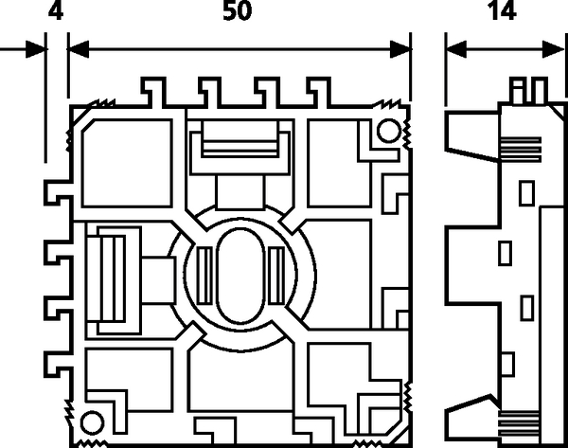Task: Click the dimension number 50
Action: pos(238,10)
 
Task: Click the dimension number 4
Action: pos(56,10)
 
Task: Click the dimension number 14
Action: pos(502,10)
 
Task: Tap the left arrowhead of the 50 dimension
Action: pos(79,49)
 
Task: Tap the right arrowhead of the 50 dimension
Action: pos(400,49)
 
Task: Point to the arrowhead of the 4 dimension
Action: pos(36,49)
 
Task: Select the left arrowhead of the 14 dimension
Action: pos(456,49)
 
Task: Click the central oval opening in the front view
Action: pos(240,276)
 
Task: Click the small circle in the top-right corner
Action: pos(389,131)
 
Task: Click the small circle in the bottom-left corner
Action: pos(92,422)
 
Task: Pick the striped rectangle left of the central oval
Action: pos(204,276)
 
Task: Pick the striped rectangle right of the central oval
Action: pos(276,276)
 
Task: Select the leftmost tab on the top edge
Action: pos(153,93)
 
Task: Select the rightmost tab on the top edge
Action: pos(319,93)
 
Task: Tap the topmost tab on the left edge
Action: pos(59,191)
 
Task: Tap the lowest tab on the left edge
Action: pos(59,364)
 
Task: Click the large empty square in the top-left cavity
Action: pos(127,163)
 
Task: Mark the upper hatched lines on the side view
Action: pos(520,149)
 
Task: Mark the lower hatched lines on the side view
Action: pos(519,423)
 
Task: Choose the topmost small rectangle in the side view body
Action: pos(527,193)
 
